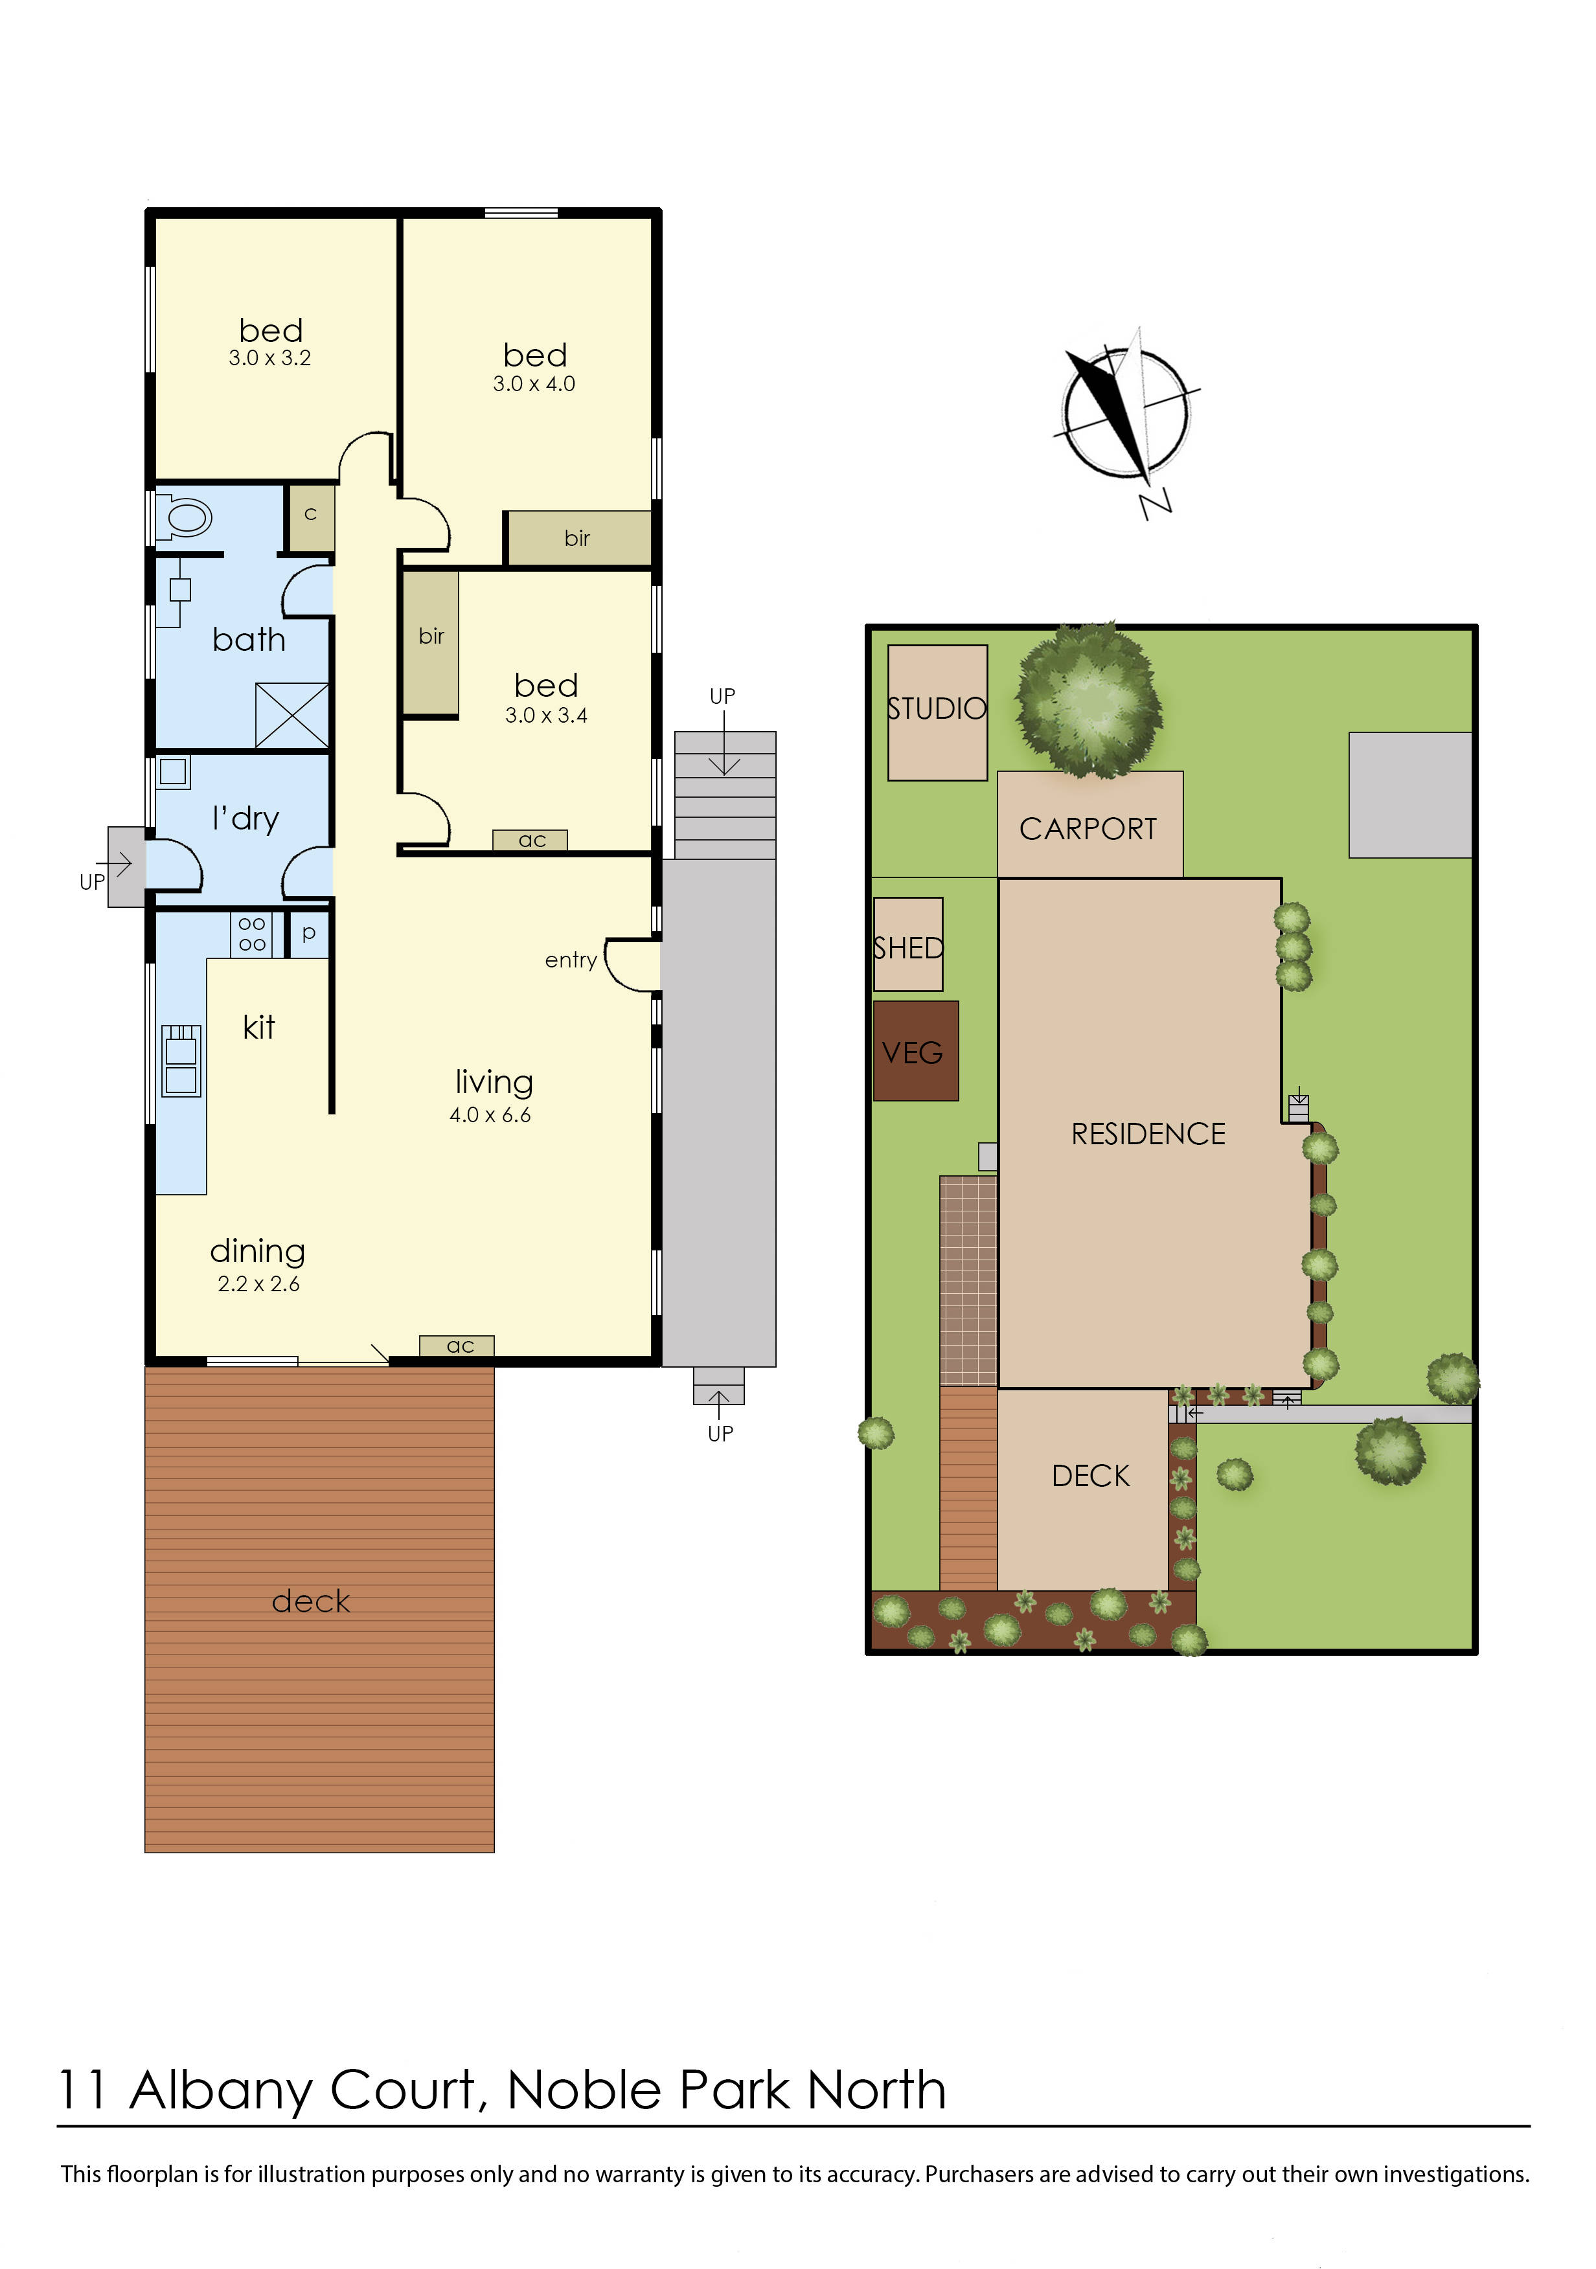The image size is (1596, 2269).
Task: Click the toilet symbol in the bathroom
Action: (x=184, y=517)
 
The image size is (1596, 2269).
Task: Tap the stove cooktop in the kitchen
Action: (x=251, y=934)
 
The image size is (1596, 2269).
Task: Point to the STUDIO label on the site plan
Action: (x=937, y=708)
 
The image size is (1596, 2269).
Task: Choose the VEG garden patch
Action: (x=916, y=1050)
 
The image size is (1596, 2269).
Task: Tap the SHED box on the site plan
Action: (x=908, y=943)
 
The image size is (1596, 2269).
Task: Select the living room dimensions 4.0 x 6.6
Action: (x=490, y=1114)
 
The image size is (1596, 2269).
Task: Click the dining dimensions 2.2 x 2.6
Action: (x=259, y=1283)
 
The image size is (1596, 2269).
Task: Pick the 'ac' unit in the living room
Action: (x=457, y=1345)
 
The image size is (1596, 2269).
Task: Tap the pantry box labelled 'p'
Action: (x=308, y=934)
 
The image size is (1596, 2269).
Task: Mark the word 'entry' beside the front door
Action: (x=571, y=960)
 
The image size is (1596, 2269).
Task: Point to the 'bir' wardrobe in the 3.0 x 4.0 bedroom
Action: (x=577, y=537)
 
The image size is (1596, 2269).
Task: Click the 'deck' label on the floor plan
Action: (x=312, y=1600)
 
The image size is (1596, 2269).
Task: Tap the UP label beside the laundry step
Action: (x=92, y=881)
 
